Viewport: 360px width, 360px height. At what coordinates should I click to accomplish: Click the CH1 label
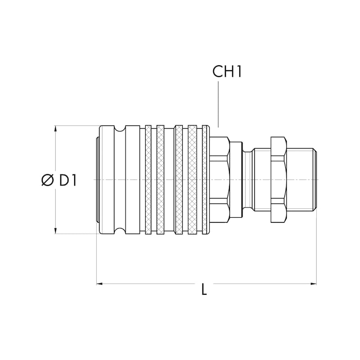point(227,72)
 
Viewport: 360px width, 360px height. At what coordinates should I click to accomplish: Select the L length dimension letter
point(204,289)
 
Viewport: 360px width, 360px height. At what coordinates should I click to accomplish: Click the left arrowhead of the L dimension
point(99,284)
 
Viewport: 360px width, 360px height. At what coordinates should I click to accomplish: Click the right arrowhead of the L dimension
point(314,284)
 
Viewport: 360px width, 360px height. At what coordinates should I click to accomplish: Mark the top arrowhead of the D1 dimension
point(55,129)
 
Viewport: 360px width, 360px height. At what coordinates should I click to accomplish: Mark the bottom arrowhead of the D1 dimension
point(55,231)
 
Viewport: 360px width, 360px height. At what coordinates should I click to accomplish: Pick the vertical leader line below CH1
point(218,104)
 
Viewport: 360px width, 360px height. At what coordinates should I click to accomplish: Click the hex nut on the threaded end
point(279,180)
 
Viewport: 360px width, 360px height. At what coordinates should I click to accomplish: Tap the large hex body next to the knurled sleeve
point(220,180)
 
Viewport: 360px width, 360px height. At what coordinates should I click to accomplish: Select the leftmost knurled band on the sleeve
point(148,180)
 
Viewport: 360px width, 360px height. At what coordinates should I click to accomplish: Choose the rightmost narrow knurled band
point(204,180)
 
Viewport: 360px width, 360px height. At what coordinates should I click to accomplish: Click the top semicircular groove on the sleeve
point(120,129)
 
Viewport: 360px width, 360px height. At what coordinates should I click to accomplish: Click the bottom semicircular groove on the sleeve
point(120,231)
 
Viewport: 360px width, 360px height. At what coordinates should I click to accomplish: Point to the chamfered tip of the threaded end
point(315,180)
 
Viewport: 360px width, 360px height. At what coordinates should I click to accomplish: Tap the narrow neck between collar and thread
point(247,180)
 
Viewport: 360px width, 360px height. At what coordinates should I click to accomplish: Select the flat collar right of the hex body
point(236,180)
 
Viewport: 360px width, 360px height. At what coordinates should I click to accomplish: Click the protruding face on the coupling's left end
point(97,180)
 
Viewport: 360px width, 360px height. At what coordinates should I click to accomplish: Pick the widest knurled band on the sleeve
point(193,180)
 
